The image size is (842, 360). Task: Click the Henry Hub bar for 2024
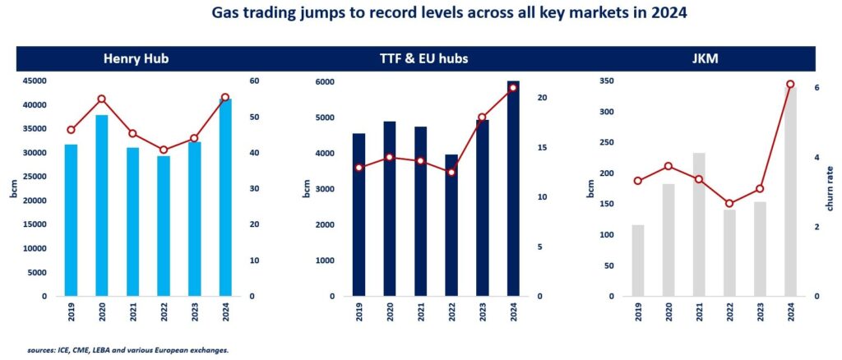[x=224, y=197]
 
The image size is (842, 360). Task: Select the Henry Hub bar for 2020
[x=102, y=205]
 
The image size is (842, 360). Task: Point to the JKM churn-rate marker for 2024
[x=790, y=85]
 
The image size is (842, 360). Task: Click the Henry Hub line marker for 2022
[x=164, y=150]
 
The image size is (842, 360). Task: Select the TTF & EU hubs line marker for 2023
[x=482, y=118]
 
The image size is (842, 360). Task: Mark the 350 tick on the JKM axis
[x=609, y=81]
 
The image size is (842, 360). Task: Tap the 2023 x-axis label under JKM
[x=760, y=316]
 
